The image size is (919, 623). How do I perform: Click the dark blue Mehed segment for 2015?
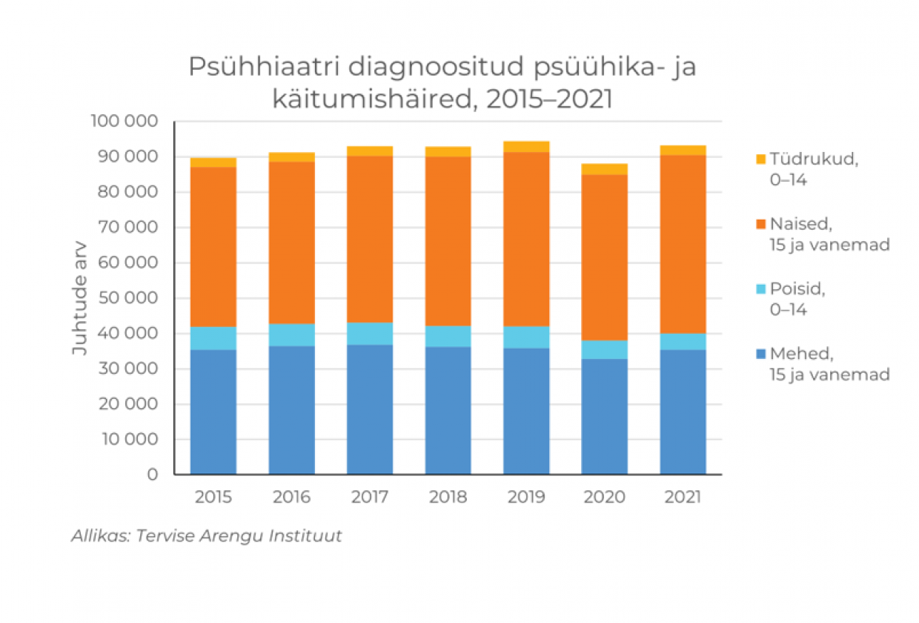[213, 412]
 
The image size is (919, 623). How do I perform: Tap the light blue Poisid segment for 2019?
[526, 337]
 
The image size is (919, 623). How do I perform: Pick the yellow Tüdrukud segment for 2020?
[605, 169]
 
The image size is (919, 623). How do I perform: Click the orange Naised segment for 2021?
[683, 244]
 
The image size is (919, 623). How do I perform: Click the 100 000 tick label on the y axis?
[123, 121]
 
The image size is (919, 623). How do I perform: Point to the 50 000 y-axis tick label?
[127, 298]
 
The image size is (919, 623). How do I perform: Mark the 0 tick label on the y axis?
[152, 475]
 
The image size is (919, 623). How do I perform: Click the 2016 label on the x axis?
[291, 497]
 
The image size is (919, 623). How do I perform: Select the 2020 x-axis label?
[605, 497]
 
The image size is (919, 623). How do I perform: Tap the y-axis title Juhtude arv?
[80, 297]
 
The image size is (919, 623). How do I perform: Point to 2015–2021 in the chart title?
[549, 99]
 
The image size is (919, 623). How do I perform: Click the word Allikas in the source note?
[99, 536]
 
